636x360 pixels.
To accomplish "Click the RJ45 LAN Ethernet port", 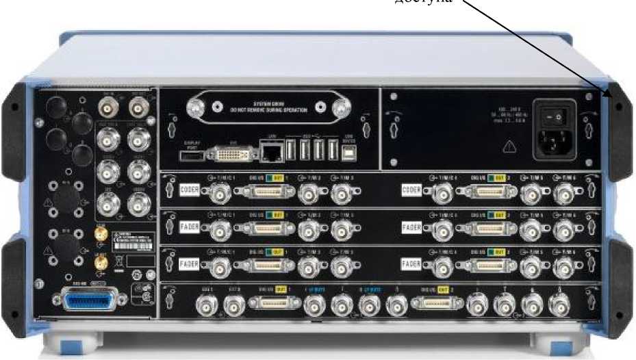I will (268, 150).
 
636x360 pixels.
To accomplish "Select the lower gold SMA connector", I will (100, 263).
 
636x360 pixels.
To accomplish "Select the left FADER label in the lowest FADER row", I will (190, 263).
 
